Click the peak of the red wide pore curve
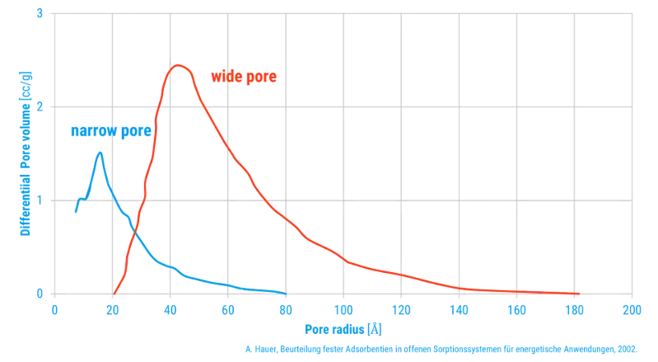click(x=178, y=65)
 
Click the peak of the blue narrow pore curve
click(x=100, y=153)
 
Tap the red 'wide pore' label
click(x=244, y=77)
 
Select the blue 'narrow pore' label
click(x=111, y=130)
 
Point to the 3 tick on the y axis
click(x=40, y=13)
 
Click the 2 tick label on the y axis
click(x=40, y=106)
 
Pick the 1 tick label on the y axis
click(x=40, y=200)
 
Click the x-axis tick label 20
click(x=113, y=310)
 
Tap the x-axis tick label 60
click(x=228, y=310)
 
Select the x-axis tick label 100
click(x=343, y=310)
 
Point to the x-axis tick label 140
click(x=459, y=310)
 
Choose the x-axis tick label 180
click(x=575, y=310)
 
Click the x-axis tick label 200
click(x=632, y=310)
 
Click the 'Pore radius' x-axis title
click(x=334, y=329)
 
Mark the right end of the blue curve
click(x=286, y=294)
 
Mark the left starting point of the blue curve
click(x=76, y=212)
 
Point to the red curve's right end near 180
click(x=579, y=294)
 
